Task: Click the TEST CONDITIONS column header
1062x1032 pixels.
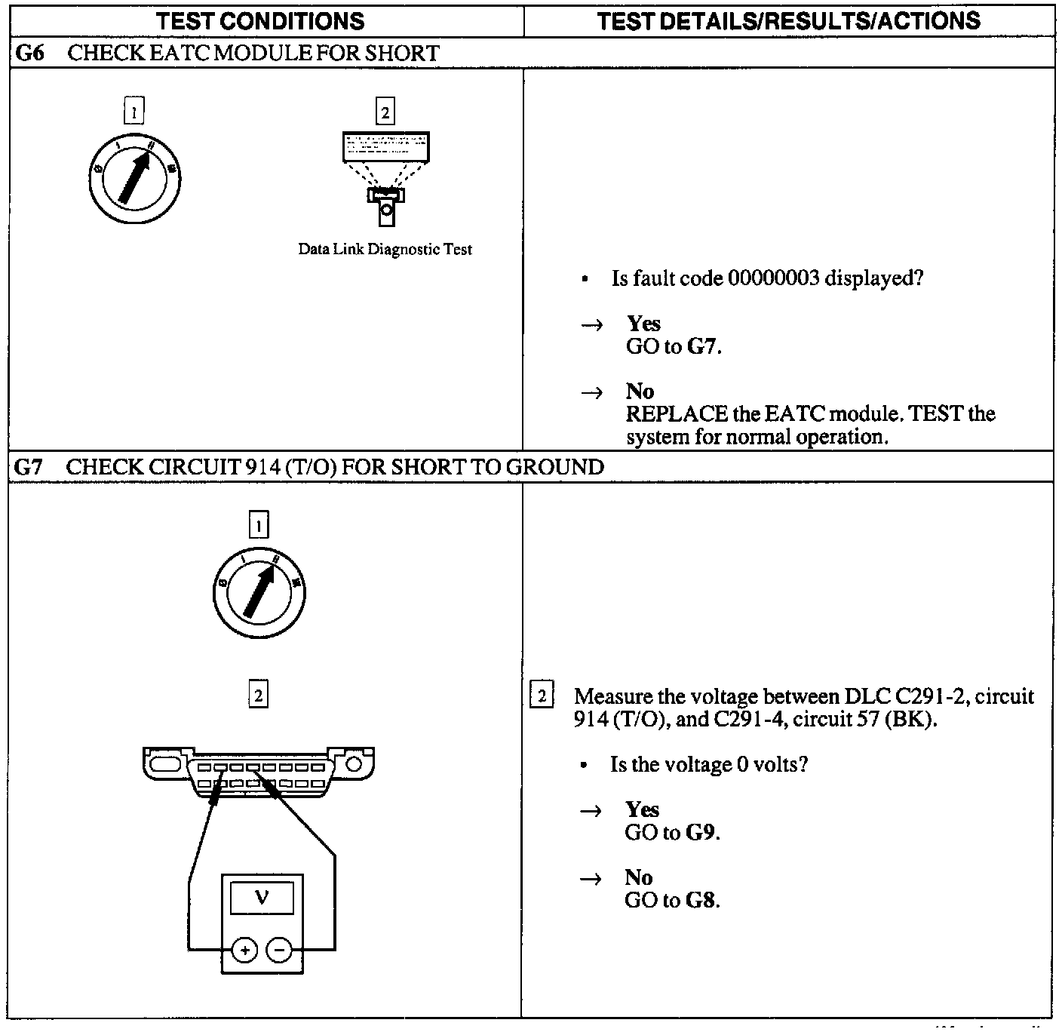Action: (260, 20)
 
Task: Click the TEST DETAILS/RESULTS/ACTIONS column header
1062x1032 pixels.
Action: (789, 20)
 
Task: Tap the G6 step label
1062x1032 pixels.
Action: (29, 54)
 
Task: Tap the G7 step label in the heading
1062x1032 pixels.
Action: (29, 468)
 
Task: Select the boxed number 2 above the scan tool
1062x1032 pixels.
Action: (385, 112)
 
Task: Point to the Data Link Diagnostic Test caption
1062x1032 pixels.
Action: (385, 250)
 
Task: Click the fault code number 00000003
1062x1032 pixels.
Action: (773, 279)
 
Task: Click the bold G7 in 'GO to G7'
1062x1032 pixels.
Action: (701, 347)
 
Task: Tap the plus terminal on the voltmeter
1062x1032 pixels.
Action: (244, 951)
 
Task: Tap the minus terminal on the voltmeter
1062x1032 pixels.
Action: (279, 951)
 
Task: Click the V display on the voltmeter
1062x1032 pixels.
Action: (262, 898)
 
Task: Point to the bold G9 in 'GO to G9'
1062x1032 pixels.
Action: (701, 833)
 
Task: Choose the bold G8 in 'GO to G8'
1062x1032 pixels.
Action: (701, 901)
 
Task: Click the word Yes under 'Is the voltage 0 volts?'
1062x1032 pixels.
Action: (642, 809)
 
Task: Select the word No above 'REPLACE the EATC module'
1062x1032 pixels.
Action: (640, 392)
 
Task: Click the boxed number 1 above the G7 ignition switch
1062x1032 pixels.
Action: (259, 524)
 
